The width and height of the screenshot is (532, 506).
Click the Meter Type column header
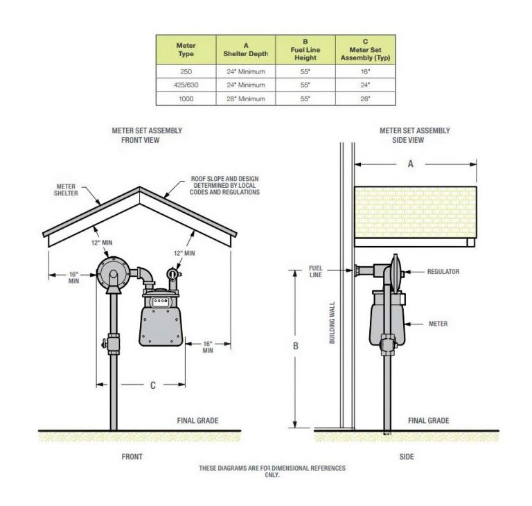click(186, 50)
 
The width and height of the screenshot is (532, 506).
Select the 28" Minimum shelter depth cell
click(246, 99)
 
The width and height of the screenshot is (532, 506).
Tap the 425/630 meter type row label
click(186, 85)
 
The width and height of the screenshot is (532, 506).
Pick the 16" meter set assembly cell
click(365, 71)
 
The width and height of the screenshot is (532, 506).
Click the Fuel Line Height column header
click(305, 50)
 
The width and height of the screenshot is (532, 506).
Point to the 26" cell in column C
click(365, 99)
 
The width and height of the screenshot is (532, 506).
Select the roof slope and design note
click(224, 185)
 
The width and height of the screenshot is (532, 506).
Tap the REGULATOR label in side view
click(443, 272)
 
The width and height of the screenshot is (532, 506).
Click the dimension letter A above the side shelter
click(411, 164)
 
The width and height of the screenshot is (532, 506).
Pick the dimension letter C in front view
click(152, 385)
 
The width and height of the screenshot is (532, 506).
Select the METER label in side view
click(438, 324)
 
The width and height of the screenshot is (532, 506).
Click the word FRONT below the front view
click(132, 457)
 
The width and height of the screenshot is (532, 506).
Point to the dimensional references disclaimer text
click(272, 471)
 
